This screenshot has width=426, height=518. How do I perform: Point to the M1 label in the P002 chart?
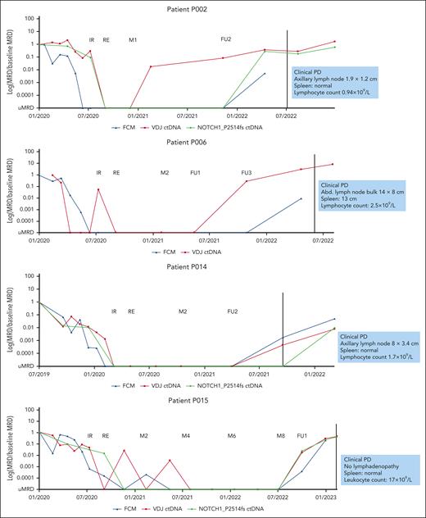133,39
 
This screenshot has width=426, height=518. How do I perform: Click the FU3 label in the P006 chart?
246,173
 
